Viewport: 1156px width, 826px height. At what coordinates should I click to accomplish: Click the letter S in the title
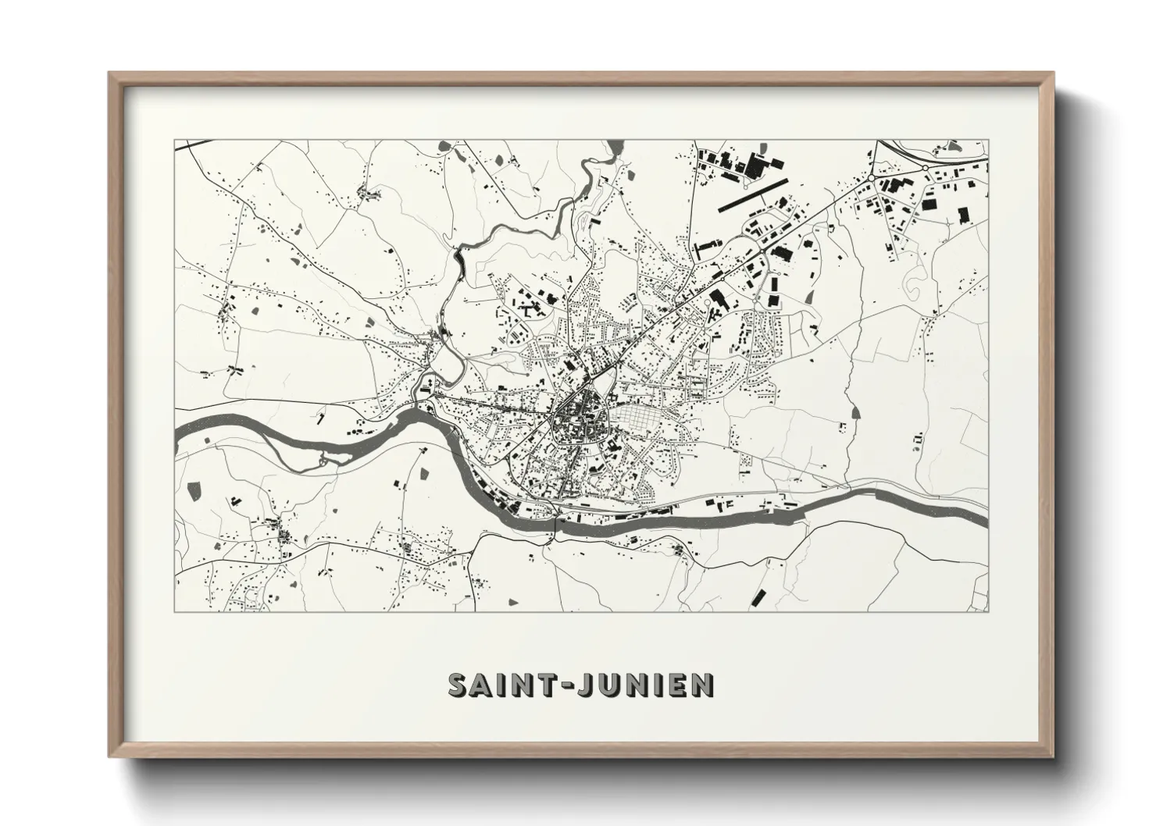459,685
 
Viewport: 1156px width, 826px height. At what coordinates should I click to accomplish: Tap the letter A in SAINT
486,685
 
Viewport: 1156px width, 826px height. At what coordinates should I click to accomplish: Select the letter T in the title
555,685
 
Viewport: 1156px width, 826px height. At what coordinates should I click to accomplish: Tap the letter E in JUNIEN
680,685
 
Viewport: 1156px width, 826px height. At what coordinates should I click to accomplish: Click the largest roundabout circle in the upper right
872,179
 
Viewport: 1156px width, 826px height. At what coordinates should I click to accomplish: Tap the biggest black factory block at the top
756,166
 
